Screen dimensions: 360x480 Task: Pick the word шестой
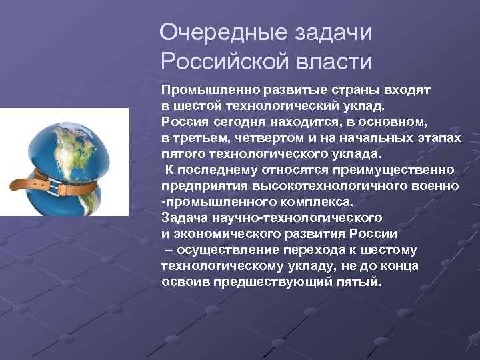[x=203, y=105]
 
